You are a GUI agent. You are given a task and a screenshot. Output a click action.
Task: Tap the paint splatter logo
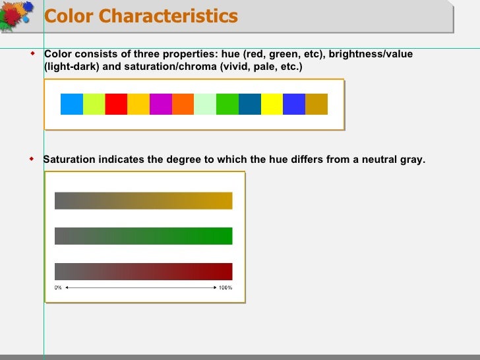coord(18,16)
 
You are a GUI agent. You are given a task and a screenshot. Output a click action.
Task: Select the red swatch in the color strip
coord(116,104)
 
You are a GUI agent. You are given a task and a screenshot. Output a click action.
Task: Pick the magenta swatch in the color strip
coord(160,104)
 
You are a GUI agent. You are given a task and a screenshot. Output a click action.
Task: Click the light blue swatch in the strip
coord(72,104)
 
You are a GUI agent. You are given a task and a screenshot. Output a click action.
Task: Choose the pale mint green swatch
coord(205,104)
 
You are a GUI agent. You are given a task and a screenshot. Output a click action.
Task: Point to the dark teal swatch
coord(249,104)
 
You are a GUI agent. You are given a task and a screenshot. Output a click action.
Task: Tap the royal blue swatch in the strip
coord(294,104)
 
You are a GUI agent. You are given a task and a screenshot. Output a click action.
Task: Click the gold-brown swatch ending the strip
coord(316,104)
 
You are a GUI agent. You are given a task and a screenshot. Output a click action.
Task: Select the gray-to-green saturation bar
coord(143,235)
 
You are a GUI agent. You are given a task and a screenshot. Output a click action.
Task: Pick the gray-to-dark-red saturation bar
coord(143,271)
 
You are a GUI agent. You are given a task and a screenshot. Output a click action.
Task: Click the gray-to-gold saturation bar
coord(143,200)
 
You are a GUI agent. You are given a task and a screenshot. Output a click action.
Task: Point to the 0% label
coord(58,287)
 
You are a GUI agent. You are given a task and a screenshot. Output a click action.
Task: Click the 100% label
coord(225,287)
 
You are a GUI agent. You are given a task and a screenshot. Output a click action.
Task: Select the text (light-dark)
coord(71,67)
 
